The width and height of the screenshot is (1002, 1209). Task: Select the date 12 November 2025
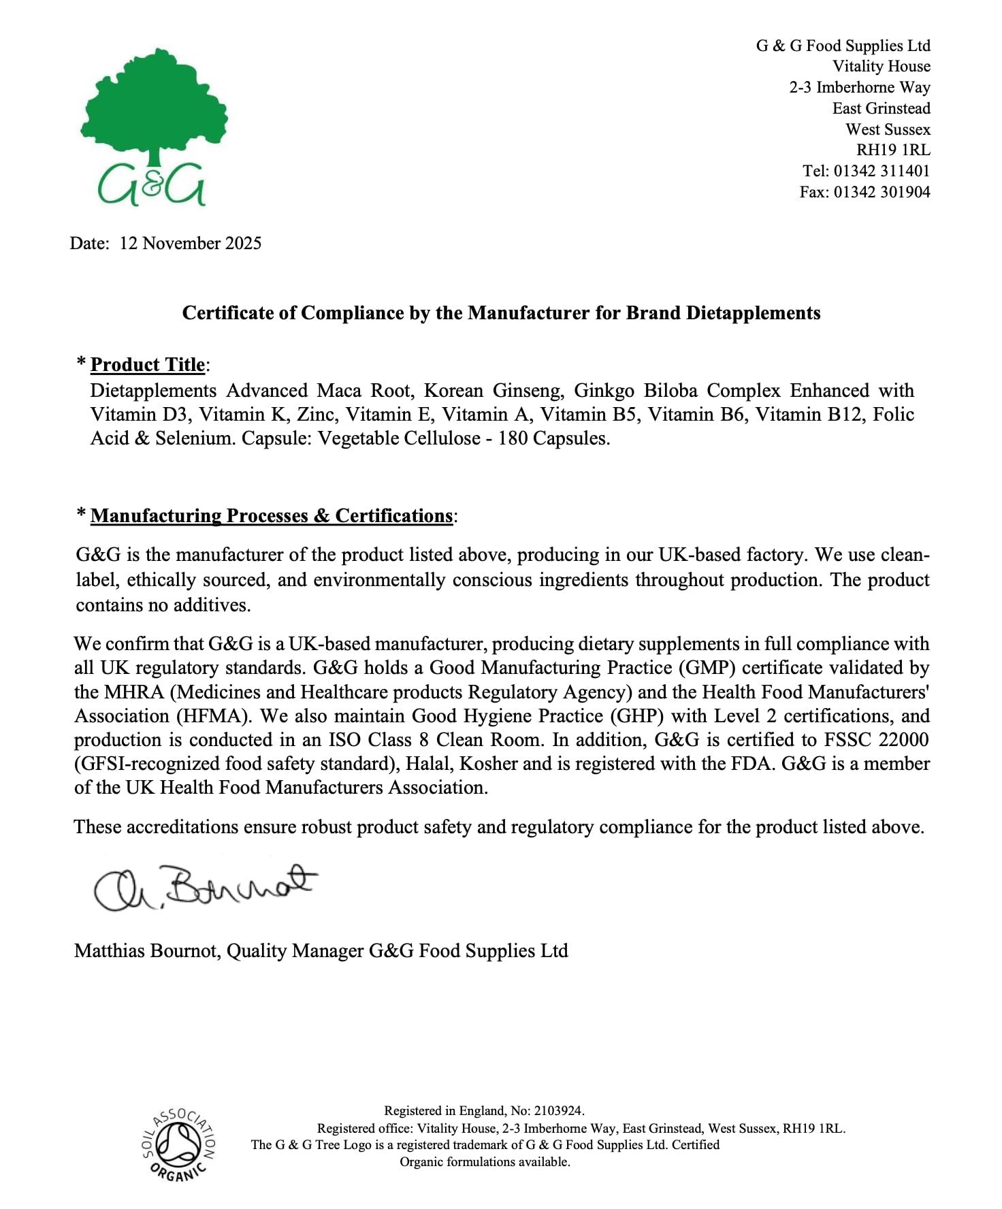(191, 244)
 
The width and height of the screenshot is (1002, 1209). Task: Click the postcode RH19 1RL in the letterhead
(892, 150)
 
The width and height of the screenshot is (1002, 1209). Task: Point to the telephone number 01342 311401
(882, 171)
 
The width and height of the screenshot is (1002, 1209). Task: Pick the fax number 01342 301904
(882, 192)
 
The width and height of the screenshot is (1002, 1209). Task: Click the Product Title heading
(148, 365)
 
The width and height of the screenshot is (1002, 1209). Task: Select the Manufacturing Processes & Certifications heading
(271, 516)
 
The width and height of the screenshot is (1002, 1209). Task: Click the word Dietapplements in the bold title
(753, 313)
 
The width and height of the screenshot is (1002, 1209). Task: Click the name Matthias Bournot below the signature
(147, 951)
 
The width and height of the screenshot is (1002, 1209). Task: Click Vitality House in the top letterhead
(881, 67)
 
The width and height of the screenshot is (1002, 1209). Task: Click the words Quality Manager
(295, 951)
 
